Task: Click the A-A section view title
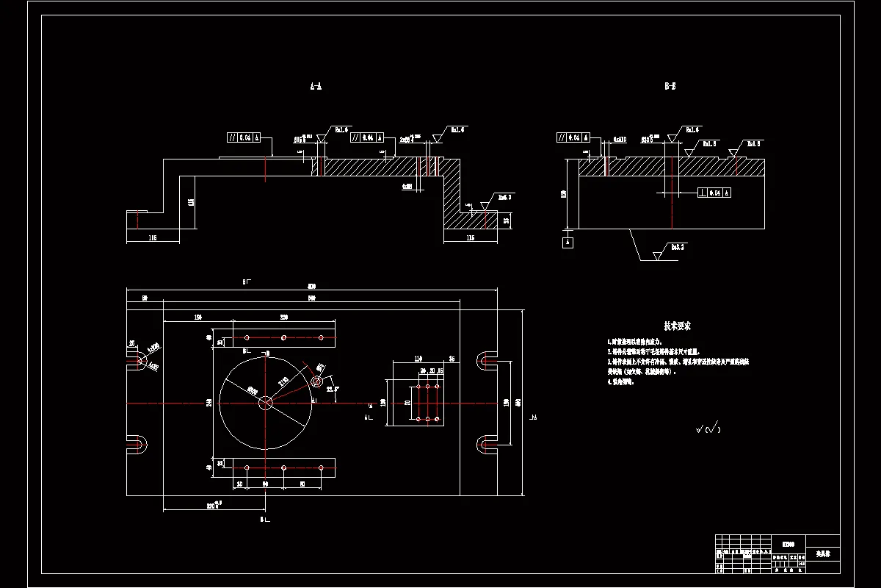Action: (316, 87)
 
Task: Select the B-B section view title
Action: (670, 87)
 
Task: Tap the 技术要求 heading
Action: (677, 326)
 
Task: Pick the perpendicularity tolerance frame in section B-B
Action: (714, 193)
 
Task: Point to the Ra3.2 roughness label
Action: (677, 248)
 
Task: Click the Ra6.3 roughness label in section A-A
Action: (504, 197)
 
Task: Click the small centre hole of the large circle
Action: (266, 402)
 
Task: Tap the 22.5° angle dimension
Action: (332, 389)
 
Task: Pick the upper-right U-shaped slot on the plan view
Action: (487, 359)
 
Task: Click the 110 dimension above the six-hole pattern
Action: (418, 359)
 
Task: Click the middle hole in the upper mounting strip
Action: (283, 338)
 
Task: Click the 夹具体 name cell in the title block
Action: (822, 553)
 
